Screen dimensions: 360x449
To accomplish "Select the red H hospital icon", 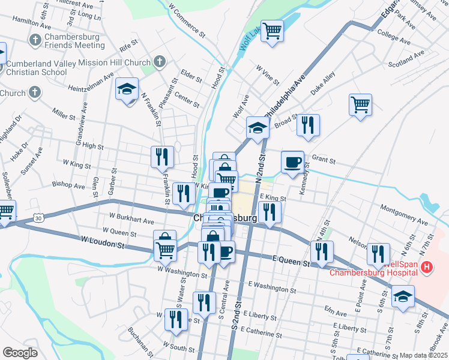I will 427,267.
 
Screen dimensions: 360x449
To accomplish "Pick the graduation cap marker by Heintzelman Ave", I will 127,89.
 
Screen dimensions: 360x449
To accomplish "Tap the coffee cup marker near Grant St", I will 293,162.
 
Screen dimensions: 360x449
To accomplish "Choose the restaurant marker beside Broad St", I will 308,125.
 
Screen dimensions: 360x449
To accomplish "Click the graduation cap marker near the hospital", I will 403,296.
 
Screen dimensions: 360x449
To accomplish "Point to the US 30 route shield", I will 38,217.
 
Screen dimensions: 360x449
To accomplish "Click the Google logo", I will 20,353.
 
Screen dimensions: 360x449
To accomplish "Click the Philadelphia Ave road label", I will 285,97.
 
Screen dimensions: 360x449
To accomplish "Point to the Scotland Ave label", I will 406,58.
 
